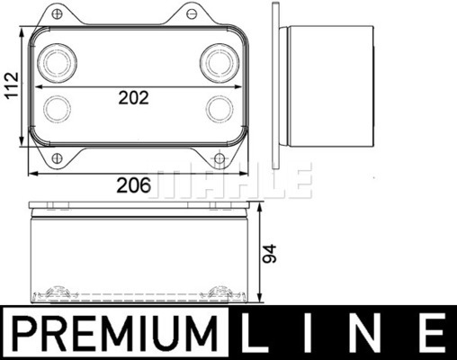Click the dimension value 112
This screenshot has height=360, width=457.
click(13, 85)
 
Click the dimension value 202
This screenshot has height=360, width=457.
click(134, 98)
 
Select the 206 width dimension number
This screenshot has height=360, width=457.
click(133, 185)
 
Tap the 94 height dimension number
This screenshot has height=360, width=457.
click(269, 254)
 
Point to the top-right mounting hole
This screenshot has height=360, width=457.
click(191, 13)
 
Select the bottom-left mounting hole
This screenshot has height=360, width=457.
click(57, 158)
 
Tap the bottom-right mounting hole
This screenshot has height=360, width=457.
click(220, 158)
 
